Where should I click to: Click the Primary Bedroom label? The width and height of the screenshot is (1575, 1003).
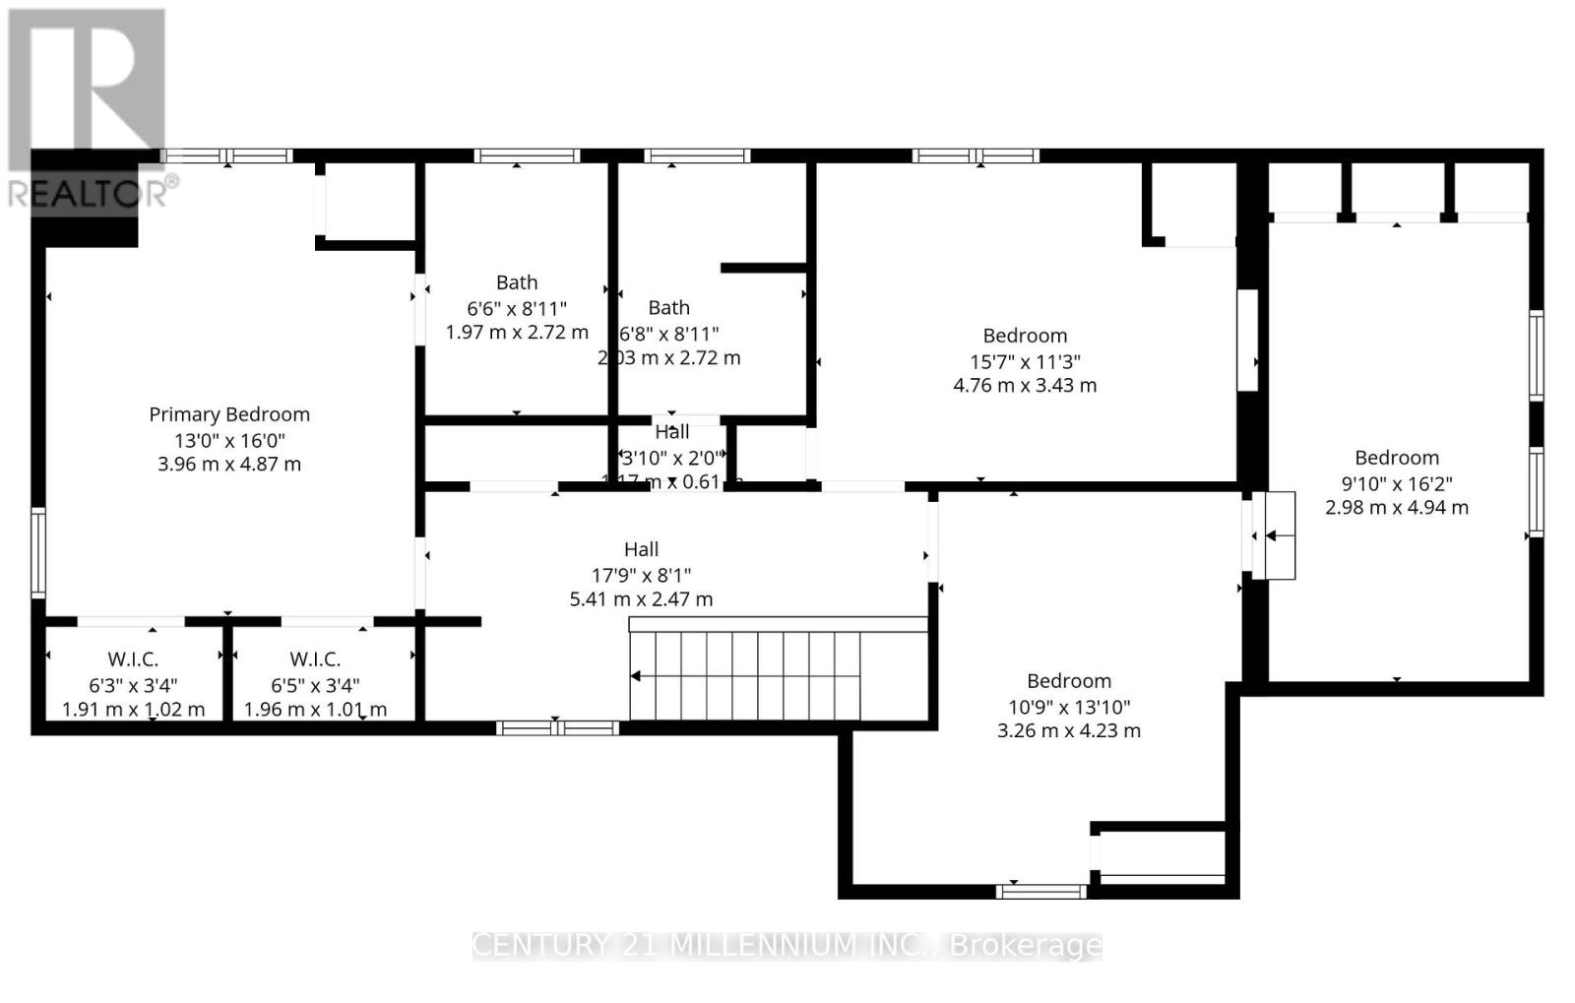pyautogui.click(x=229, y=414)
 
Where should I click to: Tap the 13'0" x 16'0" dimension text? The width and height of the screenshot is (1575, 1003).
pyautogui.click(x=229, y=440)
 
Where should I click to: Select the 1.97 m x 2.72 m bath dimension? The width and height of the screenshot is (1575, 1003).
pyautogui.click(x=517, y=333)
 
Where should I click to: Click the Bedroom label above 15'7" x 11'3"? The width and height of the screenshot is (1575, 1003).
pyautogui.click(x=1025, y=336)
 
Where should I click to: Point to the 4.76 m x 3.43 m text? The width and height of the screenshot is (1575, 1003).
pyautogui.click(x=1025, y=385)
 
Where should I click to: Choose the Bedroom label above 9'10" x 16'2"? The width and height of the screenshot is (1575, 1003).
pyautogui.click(x=1397, y=458)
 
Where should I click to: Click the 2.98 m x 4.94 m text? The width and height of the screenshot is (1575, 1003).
pyautogui.click(x=1397, y=508)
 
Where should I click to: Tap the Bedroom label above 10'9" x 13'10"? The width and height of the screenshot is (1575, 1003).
pyautogui.click(x=1069, y=681)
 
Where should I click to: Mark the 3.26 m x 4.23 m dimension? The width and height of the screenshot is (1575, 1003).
pyautogui.click(x=1069, y=730)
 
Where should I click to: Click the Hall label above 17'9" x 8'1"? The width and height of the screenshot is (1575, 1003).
pyautogui.click(x=641, y=549)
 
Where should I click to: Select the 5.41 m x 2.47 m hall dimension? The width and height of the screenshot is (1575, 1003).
pyautogui.click(x=641, y=598)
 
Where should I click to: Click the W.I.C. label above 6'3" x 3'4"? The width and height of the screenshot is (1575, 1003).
pyautogui.click(x=133, y=659)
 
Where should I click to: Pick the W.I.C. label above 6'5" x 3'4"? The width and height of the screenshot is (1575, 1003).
pyautogui.click(x=315, y=659)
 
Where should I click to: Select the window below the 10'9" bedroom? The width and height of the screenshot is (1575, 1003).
pyautogui.click(x=1040, y=892)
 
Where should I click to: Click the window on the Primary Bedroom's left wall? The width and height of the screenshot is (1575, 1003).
pyautogui.click(x=38, y=552)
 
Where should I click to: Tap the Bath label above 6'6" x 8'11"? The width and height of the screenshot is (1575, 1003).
pyautogui.click(x=517, y=282)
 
